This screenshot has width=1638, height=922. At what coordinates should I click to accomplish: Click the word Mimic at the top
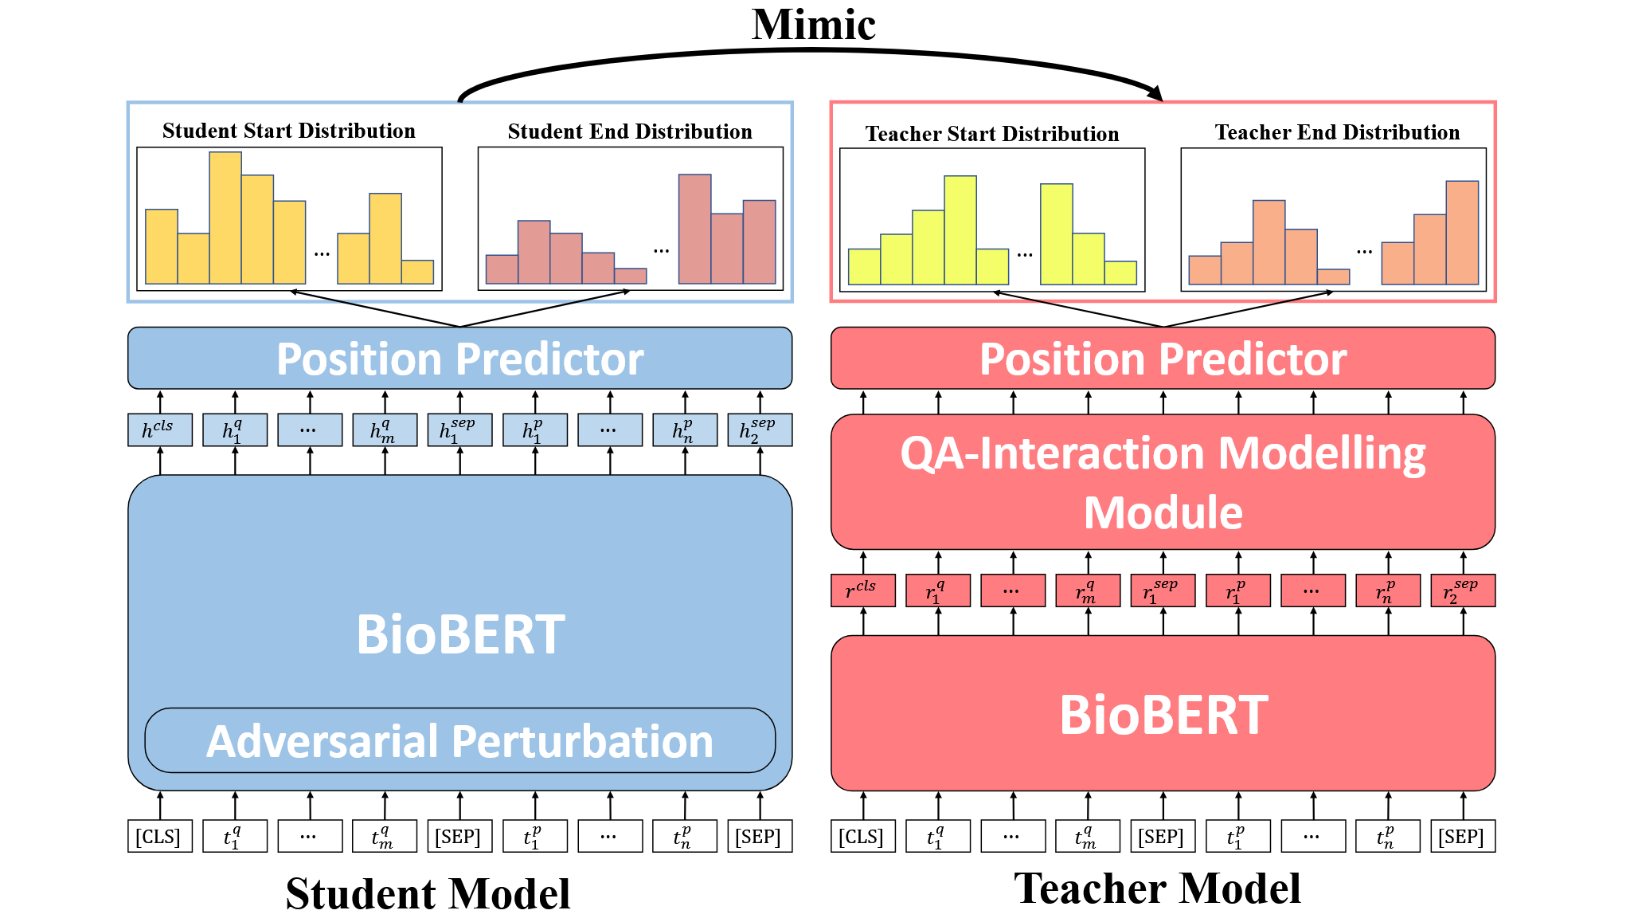[813, 26]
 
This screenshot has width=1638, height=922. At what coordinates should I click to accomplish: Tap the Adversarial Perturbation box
[459, 741]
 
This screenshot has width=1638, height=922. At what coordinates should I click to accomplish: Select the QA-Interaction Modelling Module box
[1163, 482]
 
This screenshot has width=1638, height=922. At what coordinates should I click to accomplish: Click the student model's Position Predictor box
[459, 359]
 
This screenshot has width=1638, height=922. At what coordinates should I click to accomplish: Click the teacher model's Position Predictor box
[1163, 359]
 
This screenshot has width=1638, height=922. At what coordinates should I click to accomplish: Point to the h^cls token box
[159, 430]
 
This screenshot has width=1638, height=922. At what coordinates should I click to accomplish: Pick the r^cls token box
[862, 590]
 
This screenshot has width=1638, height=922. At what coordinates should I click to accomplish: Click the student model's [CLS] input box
[159, 837]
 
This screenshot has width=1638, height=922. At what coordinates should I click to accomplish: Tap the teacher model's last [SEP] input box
[1463, 837]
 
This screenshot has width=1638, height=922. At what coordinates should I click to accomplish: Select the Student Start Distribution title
[288, 131]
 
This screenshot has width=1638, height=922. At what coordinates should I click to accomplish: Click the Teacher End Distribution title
[1337, 132]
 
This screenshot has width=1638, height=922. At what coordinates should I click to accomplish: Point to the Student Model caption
[428, 893]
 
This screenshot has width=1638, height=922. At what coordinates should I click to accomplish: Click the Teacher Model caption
[1157, 889]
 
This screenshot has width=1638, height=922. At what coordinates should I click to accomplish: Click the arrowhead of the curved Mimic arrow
[1156, 94]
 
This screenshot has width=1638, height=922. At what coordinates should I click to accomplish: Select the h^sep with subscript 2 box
[760, 430]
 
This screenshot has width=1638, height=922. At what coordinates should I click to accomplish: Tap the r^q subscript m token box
[1088, 590]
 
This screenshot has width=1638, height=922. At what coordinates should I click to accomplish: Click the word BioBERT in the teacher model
[1163, 715]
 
